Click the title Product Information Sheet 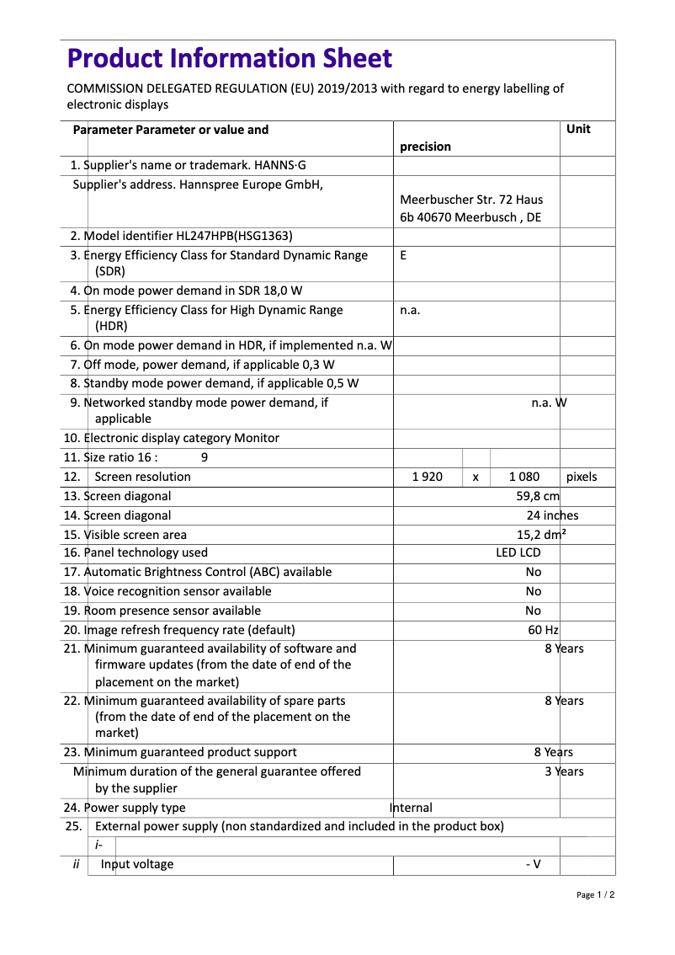click(x=229, y=59)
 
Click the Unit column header click(x=578, y=129)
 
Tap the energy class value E click(x=403, y=255)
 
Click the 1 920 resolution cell click(x=427, y=477)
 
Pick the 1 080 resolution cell click(x=524, y=477)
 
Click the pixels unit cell click(x=582, y=477)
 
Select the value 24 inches click(x=552, y=515)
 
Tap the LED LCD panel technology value click(x=518, y=552)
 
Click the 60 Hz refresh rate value click(x=543, y=630)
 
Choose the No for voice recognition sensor click(x=533, y=591)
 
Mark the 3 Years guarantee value click(x=563, y=771)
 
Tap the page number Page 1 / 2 click(x=595, y=894)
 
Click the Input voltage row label click(x=137, y=864)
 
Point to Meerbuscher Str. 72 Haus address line click(x=471, y=200)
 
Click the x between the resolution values click(x=476, y=477)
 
